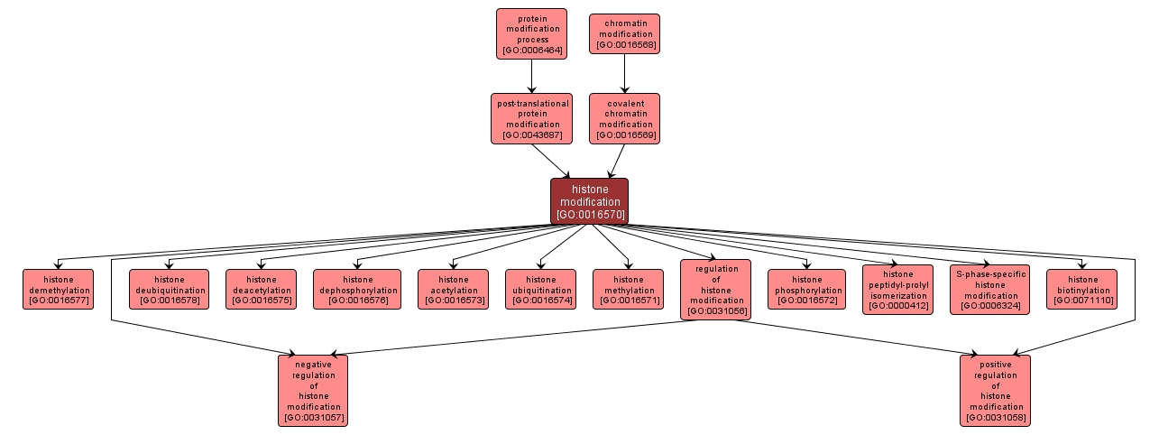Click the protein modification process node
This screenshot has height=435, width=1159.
coord(531,33)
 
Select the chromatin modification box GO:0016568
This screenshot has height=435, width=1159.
coord(624,33)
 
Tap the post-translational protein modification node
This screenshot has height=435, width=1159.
coord(533,118)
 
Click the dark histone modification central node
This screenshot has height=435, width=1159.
coord(589,201)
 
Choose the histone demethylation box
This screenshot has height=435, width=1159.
coord(59,289)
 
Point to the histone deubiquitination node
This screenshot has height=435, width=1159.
coord(169,289)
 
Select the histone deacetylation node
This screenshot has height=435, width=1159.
coord(261,289)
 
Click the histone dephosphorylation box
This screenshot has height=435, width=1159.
coord(357,289)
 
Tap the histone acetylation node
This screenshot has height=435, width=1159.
coord(453,289)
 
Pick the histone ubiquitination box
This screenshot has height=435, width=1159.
coord(540,289)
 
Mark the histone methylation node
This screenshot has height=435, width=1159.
coord(628,289)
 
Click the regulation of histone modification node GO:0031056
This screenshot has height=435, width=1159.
coord(716,289)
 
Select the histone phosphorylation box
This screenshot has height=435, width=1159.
coord(806,289)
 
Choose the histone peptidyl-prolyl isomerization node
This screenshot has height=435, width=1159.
coord(897,289)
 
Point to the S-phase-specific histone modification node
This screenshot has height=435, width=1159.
coord(989,289)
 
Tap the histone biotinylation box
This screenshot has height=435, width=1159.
coord(1081,289)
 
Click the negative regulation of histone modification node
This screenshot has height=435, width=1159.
coord(313,389)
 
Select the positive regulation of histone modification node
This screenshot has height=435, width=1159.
coord(996,389)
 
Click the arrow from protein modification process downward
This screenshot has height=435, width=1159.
coord(532,76)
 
